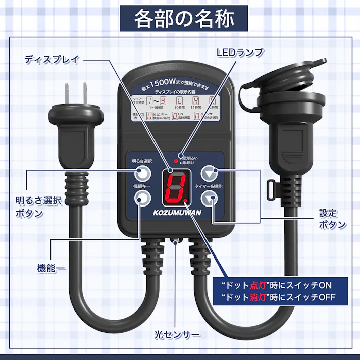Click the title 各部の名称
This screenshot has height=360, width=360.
tap(184, 19)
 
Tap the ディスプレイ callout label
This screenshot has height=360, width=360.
tap(52, 59)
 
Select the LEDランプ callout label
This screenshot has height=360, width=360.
tap(240, 52)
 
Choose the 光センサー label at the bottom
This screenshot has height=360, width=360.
tap(177, 335)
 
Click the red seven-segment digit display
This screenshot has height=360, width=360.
tap(175, 185)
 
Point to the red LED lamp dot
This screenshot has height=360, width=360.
tap(175, 161)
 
